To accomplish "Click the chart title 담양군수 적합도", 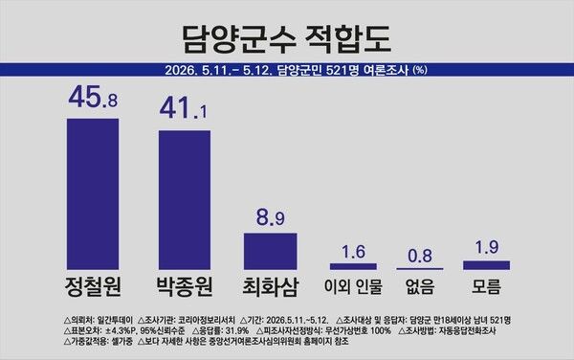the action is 287,38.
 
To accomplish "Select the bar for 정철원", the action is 93,194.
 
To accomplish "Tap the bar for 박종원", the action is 185,200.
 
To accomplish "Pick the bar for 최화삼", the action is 271,251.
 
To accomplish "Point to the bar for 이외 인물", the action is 353,266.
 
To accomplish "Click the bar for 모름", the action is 487,265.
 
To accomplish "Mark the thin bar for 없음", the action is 420,269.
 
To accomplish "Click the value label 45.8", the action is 93,98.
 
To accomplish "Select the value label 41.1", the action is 183,109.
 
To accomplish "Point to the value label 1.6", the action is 353,252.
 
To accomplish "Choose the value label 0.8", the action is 420,256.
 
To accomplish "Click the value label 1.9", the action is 487,247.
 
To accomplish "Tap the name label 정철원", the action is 93,286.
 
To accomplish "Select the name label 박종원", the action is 185,286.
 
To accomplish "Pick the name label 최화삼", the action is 271,286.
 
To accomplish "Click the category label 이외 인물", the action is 353,286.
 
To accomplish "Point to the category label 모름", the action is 487,286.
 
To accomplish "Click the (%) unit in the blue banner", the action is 420,70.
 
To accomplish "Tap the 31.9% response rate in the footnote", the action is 237,330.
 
